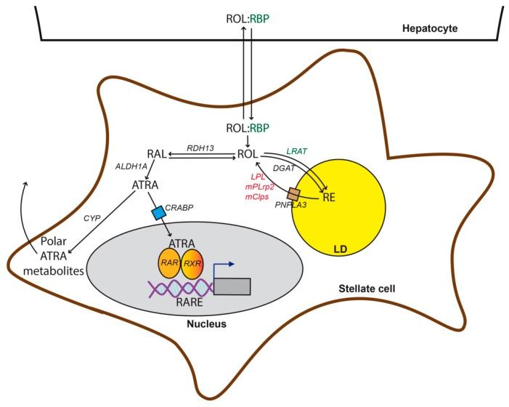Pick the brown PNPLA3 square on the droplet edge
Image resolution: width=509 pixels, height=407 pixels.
(x=294, y=195)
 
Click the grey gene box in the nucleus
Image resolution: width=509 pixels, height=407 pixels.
(x=232, y=286)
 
